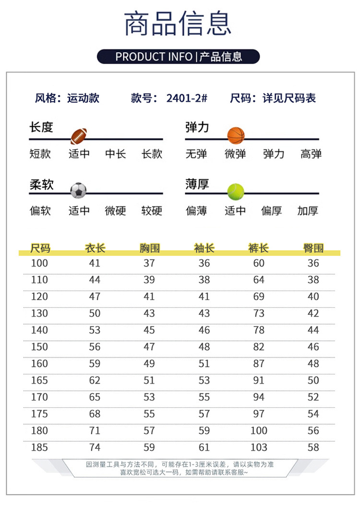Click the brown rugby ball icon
[x=80, y=136]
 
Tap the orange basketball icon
[x=236, y=136]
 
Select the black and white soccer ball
[x=79, y=191]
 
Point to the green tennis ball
[x=236, y=192]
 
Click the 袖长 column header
[x=204, y=248]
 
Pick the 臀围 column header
[x=313, y=248]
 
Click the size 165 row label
[x=39, y=380]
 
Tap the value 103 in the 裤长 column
[x=259, y=448]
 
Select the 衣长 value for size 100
[x=95, y=263]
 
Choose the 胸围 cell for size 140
[x=149, y=330]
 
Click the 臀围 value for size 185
[x=313, y=448]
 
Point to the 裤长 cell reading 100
[x=259, y=431]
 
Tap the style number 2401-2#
[x=187, y=98]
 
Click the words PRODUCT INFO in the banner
[x=154, y=57]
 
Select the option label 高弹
[x=311, y=154]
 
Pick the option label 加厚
[x=308, y=211]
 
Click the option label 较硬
[x=152, y=211]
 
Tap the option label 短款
[x=40, y=154]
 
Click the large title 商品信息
[x=178, y=24]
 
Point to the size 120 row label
[x=39, y=297]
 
